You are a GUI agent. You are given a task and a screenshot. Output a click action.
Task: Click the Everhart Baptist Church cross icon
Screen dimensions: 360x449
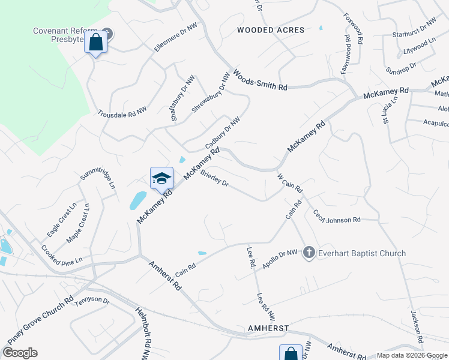coord(309,253)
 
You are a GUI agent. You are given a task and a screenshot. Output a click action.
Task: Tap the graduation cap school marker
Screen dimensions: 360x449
coord(161,178)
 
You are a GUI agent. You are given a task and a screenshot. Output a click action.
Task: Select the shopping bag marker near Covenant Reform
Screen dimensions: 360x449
coord(95,43)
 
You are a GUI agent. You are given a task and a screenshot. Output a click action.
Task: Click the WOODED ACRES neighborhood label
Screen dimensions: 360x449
coord(271,30)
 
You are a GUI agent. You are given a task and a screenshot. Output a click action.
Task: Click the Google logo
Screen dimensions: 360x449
coord(20,352)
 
